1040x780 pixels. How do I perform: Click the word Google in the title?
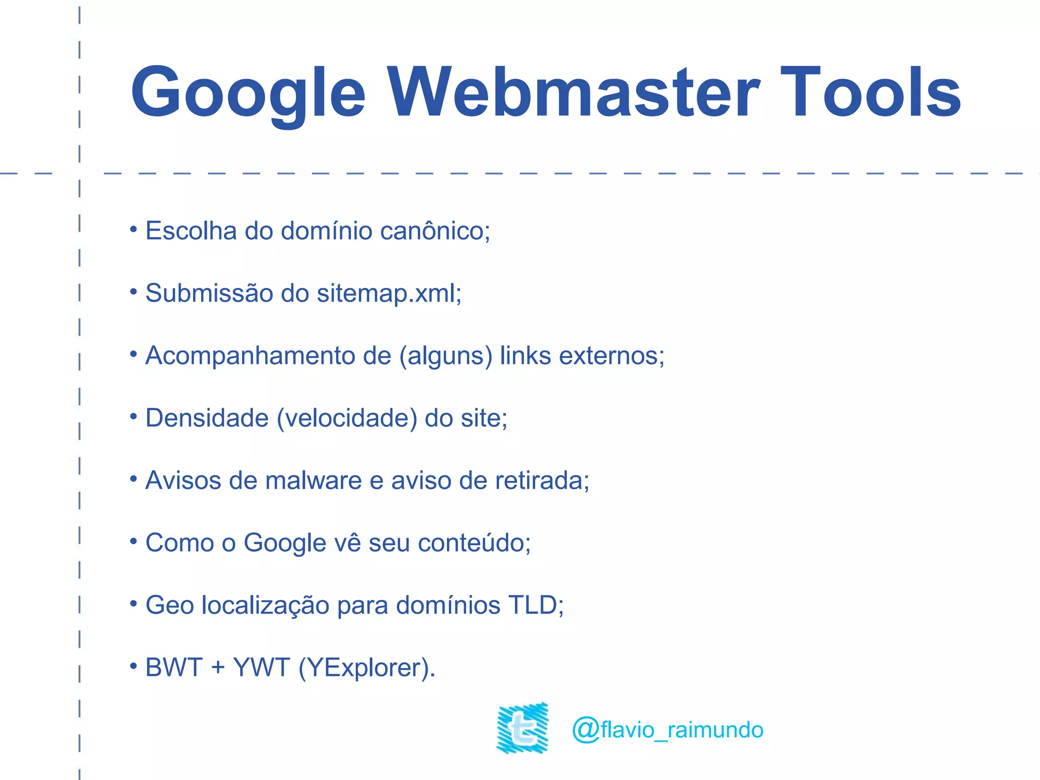(248, 94)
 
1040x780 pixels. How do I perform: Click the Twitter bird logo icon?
(523, 728)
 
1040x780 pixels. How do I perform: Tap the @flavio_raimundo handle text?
(667, 730)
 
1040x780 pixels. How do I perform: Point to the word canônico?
(435, 231)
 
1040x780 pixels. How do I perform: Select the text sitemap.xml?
(388, 294)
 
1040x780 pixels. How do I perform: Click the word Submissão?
(209, 294)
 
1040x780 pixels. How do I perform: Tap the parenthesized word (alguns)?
(446, 356)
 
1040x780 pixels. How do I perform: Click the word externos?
(611, 356)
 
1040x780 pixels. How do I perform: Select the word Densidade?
(207, 418)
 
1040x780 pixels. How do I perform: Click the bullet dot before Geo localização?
(134, 603)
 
